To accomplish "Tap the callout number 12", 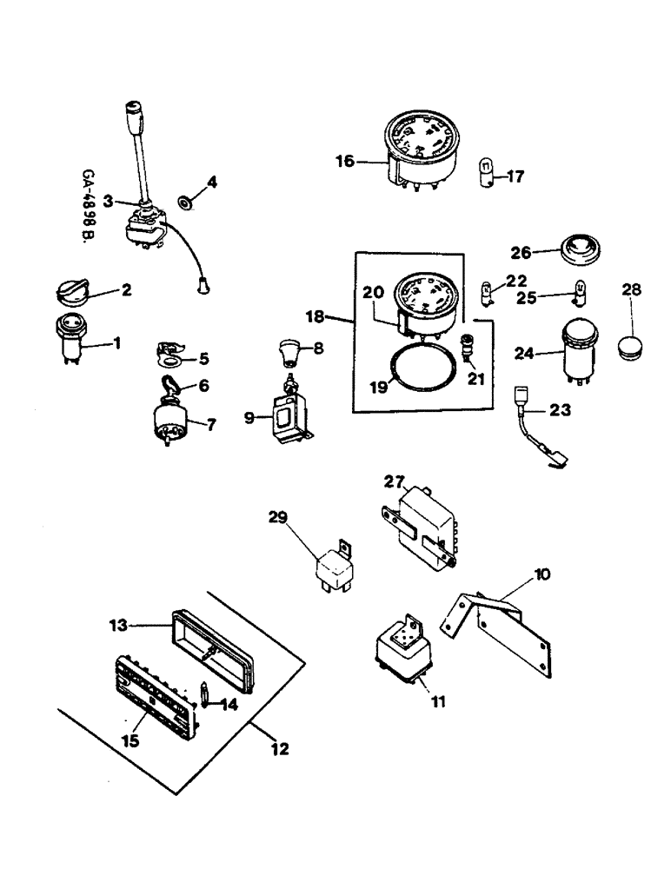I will (281, 748).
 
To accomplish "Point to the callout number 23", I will (561, 408).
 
